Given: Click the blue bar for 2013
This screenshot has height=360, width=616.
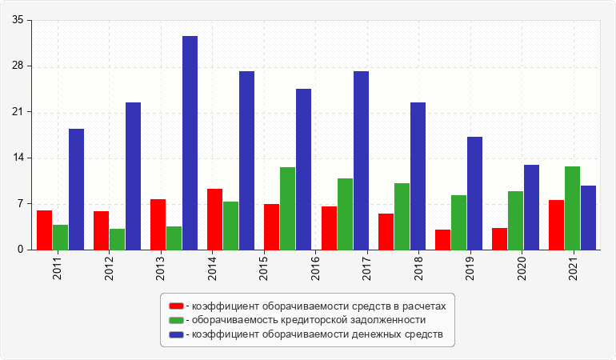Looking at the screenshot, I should pyautogui.click(x=190, y=142).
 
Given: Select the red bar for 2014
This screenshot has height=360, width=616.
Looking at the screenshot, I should pyautogui.click(x=214, y=219).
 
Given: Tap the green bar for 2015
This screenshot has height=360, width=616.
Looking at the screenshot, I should pyautogui.click(x=287, y=208).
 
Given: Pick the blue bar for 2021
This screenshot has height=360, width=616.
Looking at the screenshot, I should pyautogui.click(x=588, y=218).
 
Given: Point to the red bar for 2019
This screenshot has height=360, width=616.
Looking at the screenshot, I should pyautogui.click(x=443, y=239).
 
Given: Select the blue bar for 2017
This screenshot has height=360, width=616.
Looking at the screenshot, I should pyautogui.click(x=361, y=160).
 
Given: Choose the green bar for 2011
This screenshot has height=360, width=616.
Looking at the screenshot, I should pyautogui.click(x=60, y=237).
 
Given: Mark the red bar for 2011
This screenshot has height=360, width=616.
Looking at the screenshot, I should pyautogui.click(x=44, y=230).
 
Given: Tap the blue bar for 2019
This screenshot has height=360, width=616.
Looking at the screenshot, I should pyautogui.click(x=474, y=193).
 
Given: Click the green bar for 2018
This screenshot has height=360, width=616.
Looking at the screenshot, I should pyautogui.click(x=402, y=216).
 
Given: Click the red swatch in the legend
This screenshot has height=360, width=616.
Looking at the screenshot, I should pyautogui.click(x=176, y=306).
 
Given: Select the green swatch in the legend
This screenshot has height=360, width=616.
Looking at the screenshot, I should pyautogui.click(x=176, y=320).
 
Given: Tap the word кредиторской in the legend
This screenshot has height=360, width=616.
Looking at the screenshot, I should pyautogui.click(x=293, y=320).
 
